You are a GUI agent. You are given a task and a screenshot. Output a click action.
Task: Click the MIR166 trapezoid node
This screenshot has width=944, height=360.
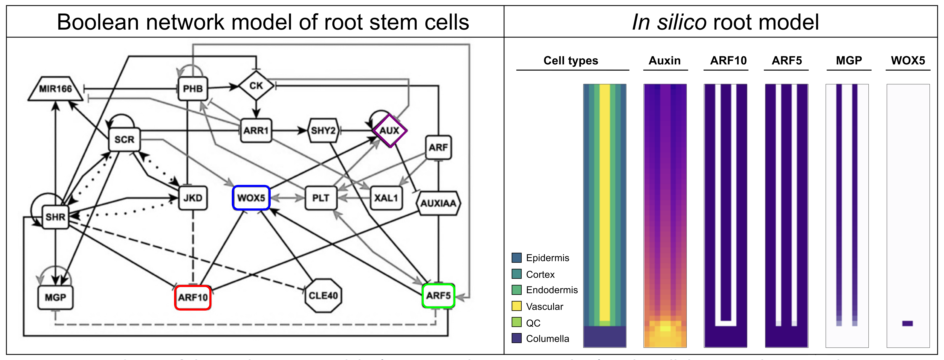click(55, 89)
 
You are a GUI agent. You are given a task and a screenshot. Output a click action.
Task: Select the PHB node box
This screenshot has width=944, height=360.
click(193, 89)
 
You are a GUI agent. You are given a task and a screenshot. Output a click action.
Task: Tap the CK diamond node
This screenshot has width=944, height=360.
click(256, 86)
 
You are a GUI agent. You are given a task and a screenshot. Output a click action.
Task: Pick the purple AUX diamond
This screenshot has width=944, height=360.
click(390, 131)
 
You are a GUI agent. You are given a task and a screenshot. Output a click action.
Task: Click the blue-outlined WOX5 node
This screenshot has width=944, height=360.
click(251, 198)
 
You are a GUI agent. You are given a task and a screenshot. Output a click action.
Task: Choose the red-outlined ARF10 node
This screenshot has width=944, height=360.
click(193, 297)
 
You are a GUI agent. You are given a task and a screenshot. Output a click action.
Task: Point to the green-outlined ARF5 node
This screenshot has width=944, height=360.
click(438, 295)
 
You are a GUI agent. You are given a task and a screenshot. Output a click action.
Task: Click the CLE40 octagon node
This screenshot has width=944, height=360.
click(323, 295)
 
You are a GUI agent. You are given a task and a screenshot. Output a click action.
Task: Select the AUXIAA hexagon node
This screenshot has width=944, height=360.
click(438, 203)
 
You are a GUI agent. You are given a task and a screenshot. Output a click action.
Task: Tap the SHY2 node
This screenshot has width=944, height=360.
click(323, 131)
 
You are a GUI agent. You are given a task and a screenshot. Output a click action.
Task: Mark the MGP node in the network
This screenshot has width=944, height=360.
click(55, 297)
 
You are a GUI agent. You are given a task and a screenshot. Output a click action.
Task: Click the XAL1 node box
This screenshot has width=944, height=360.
click(386, 198)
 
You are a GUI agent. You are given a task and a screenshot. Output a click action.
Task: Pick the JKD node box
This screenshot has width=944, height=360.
click(193, 198)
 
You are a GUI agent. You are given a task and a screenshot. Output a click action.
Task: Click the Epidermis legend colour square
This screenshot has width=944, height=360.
click(516, 258)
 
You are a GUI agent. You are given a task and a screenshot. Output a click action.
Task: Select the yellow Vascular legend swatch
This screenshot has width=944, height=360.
click(516, 306)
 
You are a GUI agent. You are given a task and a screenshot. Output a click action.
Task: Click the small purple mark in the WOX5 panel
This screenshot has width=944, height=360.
click(907, 323)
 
